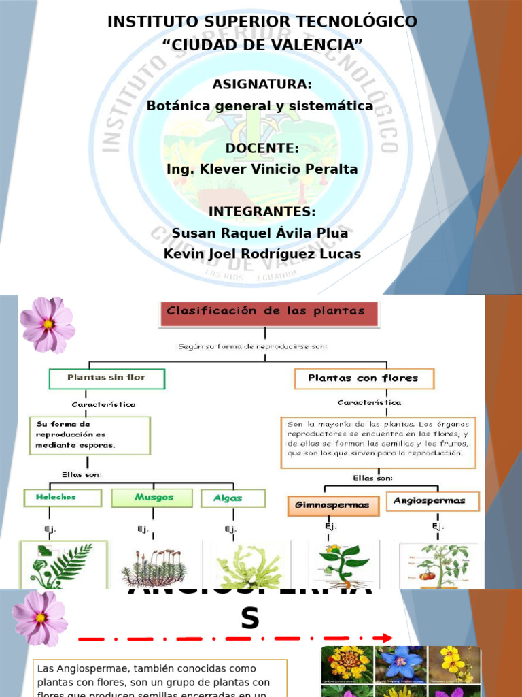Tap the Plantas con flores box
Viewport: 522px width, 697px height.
tap(364, 378)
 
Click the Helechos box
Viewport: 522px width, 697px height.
tap(63, 498)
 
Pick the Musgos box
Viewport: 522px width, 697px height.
tap(154, 498)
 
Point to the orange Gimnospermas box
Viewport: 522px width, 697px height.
tap(332, 505)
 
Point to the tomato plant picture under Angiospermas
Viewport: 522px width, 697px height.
tap(439, 566)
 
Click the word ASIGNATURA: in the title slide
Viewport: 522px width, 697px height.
tap(262, 84)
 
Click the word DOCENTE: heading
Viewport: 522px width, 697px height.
tap(262, 148)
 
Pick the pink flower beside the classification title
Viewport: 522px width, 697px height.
tap(47, 324)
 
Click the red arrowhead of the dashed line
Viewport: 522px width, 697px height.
tap(387, 638)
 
